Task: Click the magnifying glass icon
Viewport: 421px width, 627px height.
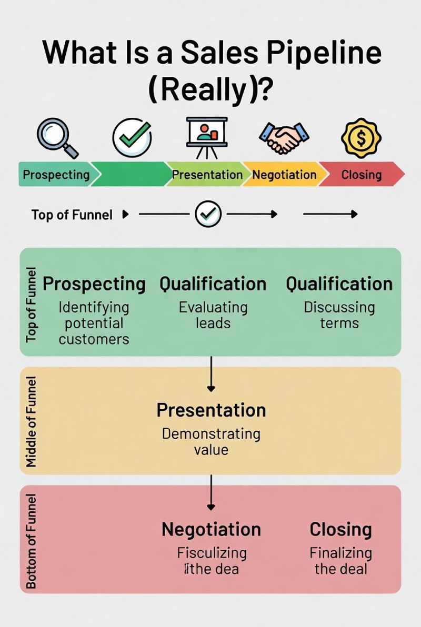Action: [x=57, y=137]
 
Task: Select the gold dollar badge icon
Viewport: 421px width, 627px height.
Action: [x=361, y=137]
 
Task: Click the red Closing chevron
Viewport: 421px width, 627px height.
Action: [x=362, y=175]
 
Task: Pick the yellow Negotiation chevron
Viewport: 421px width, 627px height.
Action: [x=284, y=175]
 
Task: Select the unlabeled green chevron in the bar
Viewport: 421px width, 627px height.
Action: [x=132, y=175]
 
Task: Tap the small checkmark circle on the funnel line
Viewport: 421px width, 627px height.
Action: [x=208, y=214]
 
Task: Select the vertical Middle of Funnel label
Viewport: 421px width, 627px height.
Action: [x=32, y=421]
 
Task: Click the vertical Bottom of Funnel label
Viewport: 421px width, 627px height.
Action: [x=32, y=540]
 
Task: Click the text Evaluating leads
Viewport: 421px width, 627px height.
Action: [x=213, y=315]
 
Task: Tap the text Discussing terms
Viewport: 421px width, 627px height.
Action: [x=339, y=315]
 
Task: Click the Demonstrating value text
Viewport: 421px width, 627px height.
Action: [x=211, y=442]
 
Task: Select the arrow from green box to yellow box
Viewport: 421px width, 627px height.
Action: [x=211, y=374]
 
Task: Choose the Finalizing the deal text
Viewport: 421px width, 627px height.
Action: [x=340, y=561]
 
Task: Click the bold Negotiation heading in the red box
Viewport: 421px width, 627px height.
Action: [x=211, y=529]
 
